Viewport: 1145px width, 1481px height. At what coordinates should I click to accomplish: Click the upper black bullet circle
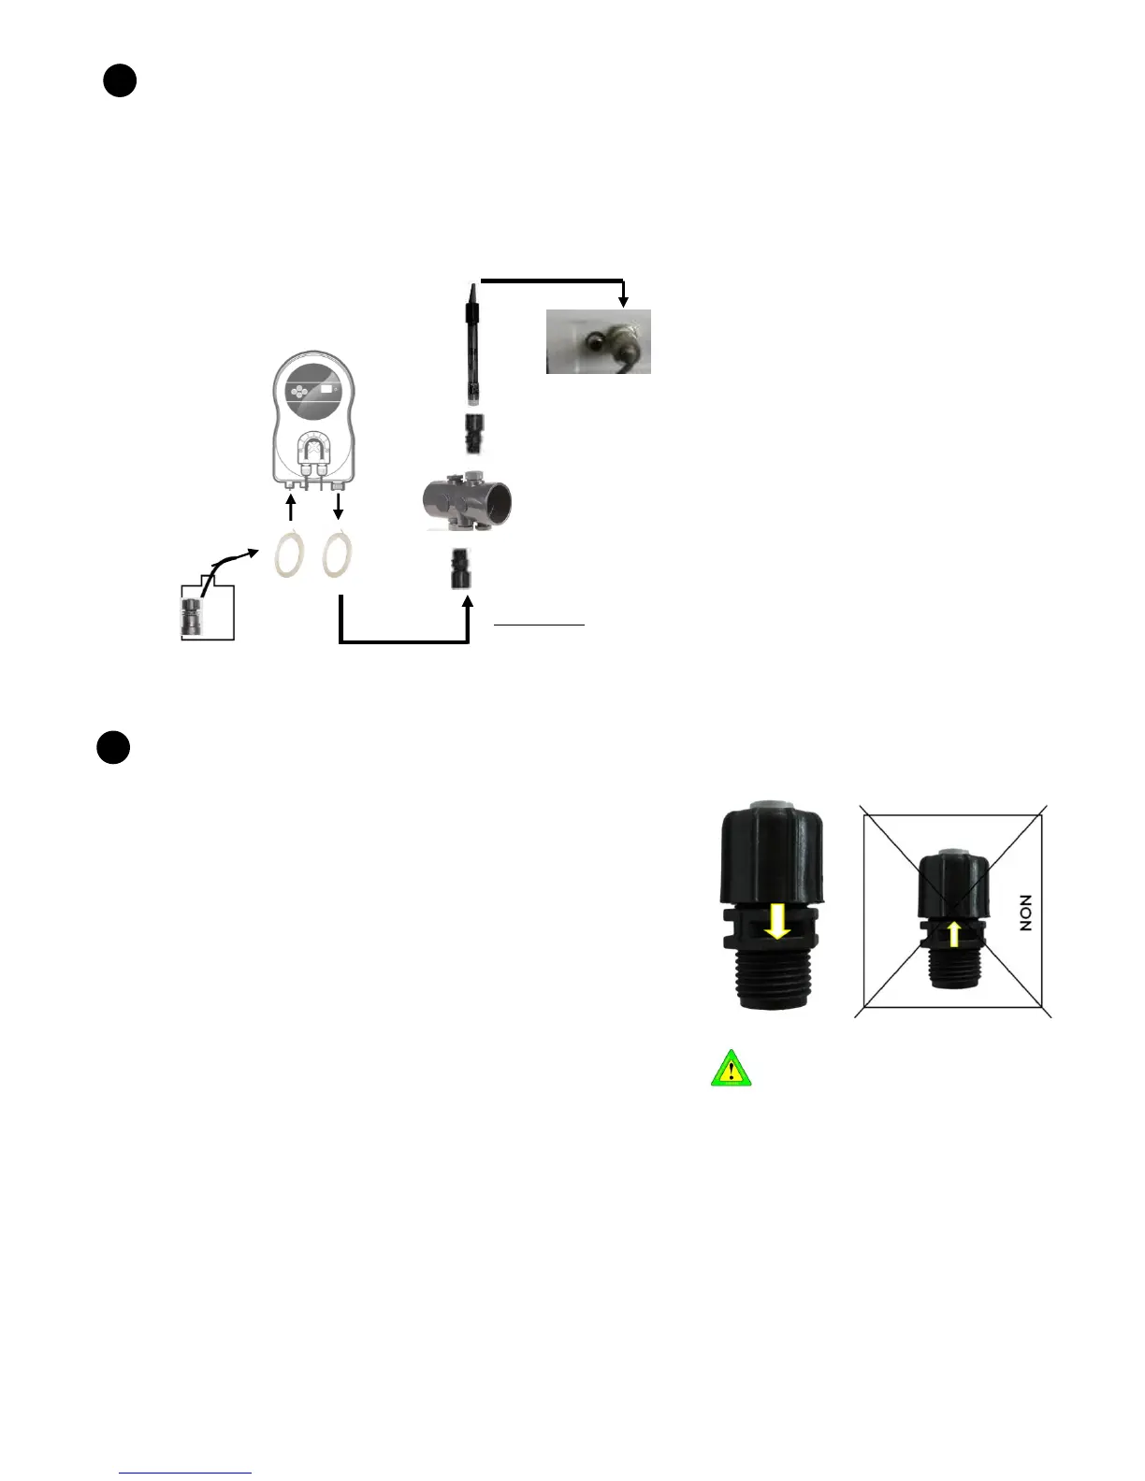pyautogui.click(x=120, y=82)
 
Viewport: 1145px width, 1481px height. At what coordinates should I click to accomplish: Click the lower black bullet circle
pyautogui.click(x=113, y=749)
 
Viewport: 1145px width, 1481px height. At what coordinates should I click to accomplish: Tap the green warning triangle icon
pyautogui.click(x=732, y=1069)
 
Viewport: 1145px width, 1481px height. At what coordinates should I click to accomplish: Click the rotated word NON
pyautogui.click(x=1026, y=913)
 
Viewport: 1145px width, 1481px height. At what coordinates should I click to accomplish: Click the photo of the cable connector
pyautogui.click(x=599, y=342)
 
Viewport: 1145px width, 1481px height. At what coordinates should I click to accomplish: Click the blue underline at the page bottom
pyautogui.click(x=186, y=1473)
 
